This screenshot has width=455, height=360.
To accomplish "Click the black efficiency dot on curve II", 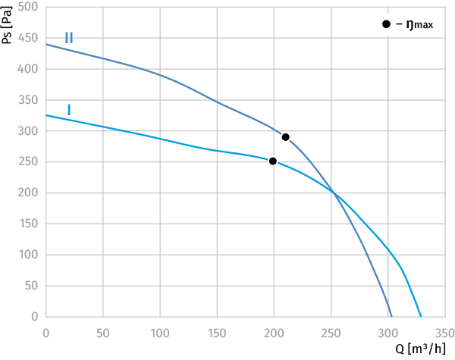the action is point(286,137).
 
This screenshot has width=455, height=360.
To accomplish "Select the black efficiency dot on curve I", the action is point(273,161).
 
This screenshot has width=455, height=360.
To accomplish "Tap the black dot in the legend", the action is point(386,24).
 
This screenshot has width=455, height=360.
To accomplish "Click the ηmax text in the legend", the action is point(419,25).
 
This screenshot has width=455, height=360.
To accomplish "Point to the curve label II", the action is point(69,38).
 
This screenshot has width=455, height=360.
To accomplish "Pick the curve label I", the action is point(69,110).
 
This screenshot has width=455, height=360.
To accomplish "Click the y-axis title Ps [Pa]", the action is point(6,25).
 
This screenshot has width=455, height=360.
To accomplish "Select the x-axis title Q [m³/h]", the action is point(420,349).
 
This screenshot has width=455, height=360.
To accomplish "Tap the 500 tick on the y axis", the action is point(28,6).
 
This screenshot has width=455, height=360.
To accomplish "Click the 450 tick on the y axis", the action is point(28,38).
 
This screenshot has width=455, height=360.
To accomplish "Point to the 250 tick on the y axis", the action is point(28,161).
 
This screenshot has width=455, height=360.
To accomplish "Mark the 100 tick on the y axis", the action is point(28,255).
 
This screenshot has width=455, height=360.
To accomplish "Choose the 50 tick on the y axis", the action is point(31,286).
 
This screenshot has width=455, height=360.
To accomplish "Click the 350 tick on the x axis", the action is point(444,333).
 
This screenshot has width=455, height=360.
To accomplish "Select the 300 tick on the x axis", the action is point(388,333).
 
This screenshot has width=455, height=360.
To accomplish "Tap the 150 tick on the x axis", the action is point(217,333).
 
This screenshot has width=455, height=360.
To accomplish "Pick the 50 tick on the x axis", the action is point(102,333).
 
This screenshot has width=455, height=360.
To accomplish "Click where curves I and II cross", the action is point(334,193).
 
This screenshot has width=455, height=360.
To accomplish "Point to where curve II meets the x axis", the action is point(392,317).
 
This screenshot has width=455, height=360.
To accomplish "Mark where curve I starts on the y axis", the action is point(46,115).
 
